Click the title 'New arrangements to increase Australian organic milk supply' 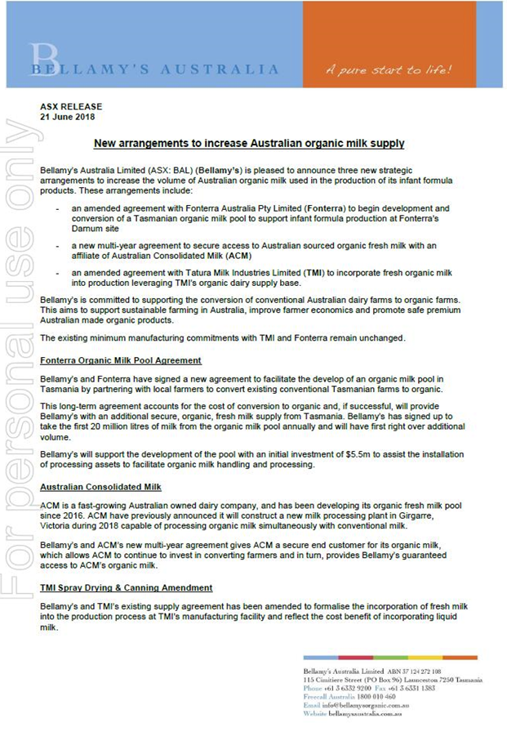click(x=249, y=144)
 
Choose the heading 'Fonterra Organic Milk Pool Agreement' click(x=121, y=360)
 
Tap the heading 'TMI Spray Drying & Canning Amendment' click(x=127, y=587)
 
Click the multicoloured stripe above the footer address click(x=389, y=658)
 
